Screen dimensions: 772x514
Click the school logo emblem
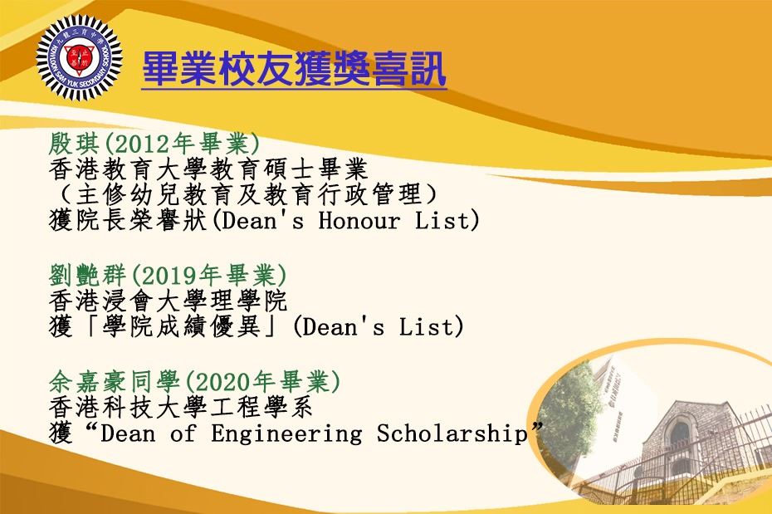[x=79, y=58]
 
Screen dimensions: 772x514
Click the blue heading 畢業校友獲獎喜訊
[x=294, y=70]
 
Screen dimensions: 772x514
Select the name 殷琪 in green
[x=75, y=144]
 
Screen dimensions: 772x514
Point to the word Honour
[x=359, y=220]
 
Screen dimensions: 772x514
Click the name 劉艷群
[x=88, y=275]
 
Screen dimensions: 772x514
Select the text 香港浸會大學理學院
[x=168, y=301]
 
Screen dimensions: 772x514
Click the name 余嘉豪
[x=88, y=382]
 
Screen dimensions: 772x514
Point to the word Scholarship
[x=452, y=434]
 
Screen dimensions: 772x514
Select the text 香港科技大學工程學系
[x=181, y=408]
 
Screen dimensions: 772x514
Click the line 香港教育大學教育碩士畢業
[x=208, y=169]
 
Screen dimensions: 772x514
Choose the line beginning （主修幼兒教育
[x=245, y=194]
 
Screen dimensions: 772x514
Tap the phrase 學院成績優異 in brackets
[x=181, y=326]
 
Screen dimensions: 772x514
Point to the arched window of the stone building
[x=680, y=433]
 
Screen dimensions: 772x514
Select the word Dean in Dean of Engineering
[x=127, y=434]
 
